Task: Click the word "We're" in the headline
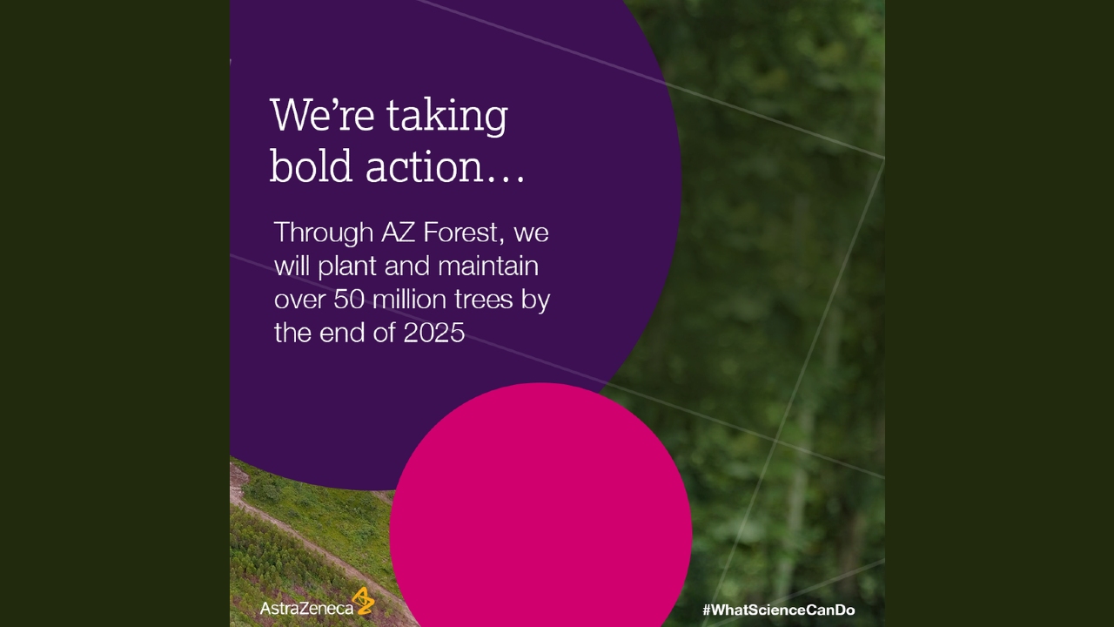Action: pyautogui.click(x=322, y=115)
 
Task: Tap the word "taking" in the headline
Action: pyautogui.click(x=447, y=118)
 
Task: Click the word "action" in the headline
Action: pyautogui.click(x=424, y=165)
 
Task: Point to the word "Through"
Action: pyautogui.click(x=324, y=233)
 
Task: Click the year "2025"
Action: pyautogui.click(x=434, y=333)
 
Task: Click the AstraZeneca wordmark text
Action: pyautogui.click(x=306, y=608)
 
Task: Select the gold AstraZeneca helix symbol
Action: pyautogui.click(x=363, y=601)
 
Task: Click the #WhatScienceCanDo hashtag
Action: pyautogui.click(x=779, y=610)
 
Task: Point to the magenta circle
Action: pyautogui.click(x=540, y=505)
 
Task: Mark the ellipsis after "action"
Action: pyautogui.click(x=506, y=179)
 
